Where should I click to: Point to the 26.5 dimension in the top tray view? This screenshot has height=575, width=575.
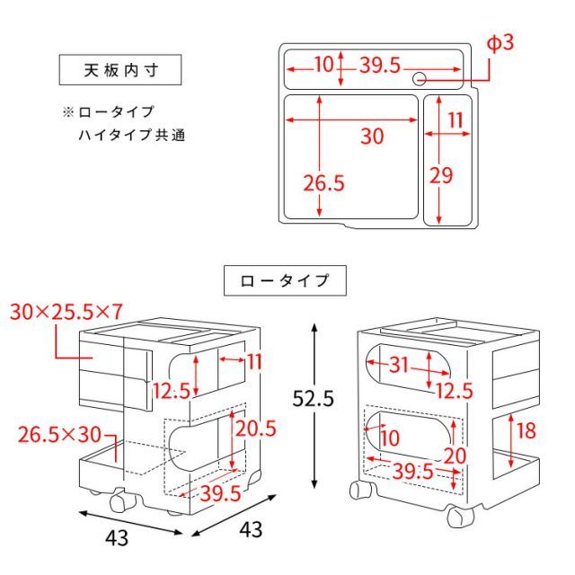(323, 183)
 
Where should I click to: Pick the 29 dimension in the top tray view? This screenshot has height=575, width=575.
(440, 175)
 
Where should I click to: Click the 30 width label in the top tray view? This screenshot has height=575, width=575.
(372, 137)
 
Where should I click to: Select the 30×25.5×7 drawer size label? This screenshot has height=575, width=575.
(66, 312)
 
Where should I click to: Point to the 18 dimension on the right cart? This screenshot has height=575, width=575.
(526, 430)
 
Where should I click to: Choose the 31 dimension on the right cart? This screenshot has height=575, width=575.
(400, 364)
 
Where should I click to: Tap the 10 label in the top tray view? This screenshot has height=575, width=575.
(323, 65)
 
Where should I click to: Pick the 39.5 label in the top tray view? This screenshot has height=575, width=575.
(380, 65)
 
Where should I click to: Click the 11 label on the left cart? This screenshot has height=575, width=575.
(253, 361)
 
